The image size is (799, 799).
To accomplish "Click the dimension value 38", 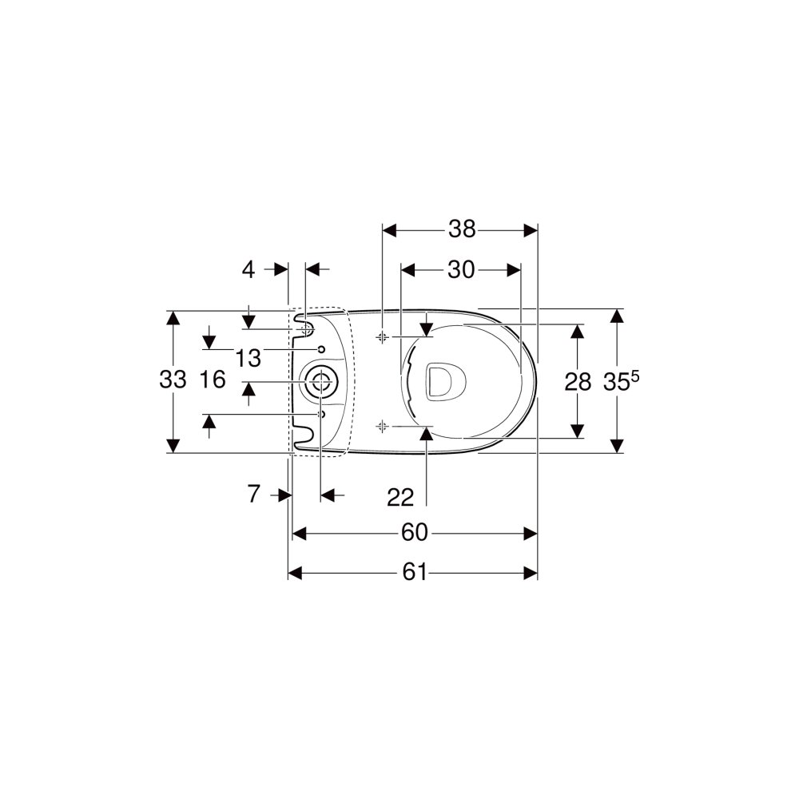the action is (462, 229).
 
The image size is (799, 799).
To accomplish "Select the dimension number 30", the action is (461, 269).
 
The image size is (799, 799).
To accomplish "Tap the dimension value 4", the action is (248, 269).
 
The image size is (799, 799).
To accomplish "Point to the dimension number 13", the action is (248, 358).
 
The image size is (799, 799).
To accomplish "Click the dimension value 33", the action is (173, 380).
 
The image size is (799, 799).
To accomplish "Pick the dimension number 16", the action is (213, 380).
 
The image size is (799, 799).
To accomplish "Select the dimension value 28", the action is (578, 382).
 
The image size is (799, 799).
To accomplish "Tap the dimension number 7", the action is (254, 494).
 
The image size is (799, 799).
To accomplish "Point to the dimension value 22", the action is (400, 497).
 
